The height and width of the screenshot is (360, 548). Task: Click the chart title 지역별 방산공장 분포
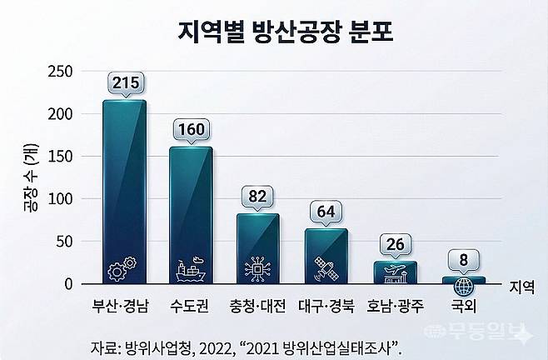click(x=273, y=32)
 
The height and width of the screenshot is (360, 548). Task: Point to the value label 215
click(x=124, y=82)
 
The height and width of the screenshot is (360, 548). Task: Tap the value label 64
click(x=326, y=211)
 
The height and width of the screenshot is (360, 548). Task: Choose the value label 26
click(x=394, y=243)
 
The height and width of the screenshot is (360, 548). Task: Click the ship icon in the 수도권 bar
click(x=191, y=270)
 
